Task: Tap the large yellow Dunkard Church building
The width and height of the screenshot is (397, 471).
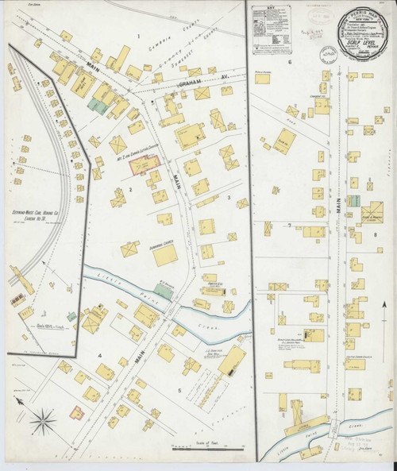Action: pyautogui.click(x=165, y=253)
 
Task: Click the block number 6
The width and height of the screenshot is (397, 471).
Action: pyautogui.click(x=291, y=61)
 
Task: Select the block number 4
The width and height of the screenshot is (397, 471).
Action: pyautogui.click(x=100, y=355)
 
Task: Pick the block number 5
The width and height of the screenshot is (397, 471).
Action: pyautogui.click(x=179, y=390)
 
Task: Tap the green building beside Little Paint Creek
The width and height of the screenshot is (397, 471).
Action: pyautogui.click(x=163, y=291)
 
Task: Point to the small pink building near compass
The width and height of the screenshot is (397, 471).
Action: pyautogui.click(x=76, y=412)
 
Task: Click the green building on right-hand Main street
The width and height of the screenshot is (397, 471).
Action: pyautogui.click(x=353, y=201)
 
